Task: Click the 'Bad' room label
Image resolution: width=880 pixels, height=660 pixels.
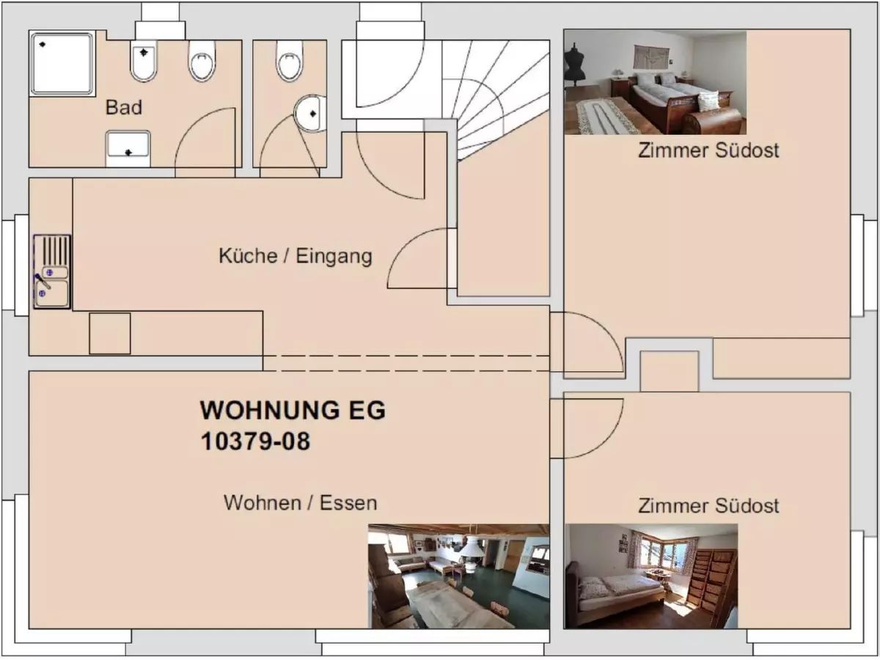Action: point(124,108)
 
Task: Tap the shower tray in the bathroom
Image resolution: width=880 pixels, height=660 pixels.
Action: point(62,63)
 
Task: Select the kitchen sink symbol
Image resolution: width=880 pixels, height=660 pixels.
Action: point(52,271)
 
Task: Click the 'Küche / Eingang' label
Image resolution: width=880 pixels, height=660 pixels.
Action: point(295,256)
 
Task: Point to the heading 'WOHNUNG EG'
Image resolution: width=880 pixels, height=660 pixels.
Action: point(293,410)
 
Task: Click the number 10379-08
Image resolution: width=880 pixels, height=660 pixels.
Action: point(255,441)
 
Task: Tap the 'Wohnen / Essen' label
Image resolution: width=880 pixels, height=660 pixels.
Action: point(300,503)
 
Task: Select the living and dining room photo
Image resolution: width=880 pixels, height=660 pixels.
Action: point(458,576)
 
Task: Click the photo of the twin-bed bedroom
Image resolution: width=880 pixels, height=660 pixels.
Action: point(655,83)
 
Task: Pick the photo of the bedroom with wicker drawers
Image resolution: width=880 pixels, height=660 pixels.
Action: point(651,576)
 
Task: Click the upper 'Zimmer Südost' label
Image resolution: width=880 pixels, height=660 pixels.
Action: point(708,150)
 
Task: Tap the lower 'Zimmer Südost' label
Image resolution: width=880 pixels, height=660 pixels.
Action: point(708,505)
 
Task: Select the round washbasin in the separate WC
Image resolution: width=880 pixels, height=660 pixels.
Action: point(311,114)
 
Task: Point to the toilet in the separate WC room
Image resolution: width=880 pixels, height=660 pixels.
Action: point(290,62)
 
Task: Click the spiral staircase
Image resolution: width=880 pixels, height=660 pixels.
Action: point(499,95)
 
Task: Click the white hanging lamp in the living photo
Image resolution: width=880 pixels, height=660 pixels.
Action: point(470,547)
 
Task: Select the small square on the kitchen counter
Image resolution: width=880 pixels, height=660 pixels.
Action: point(110,334)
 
